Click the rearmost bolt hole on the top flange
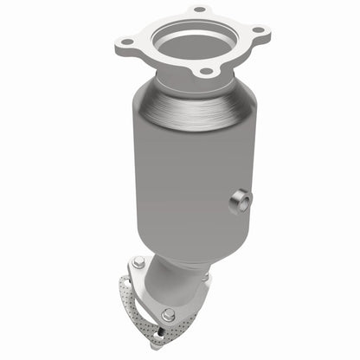[199, 10]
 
